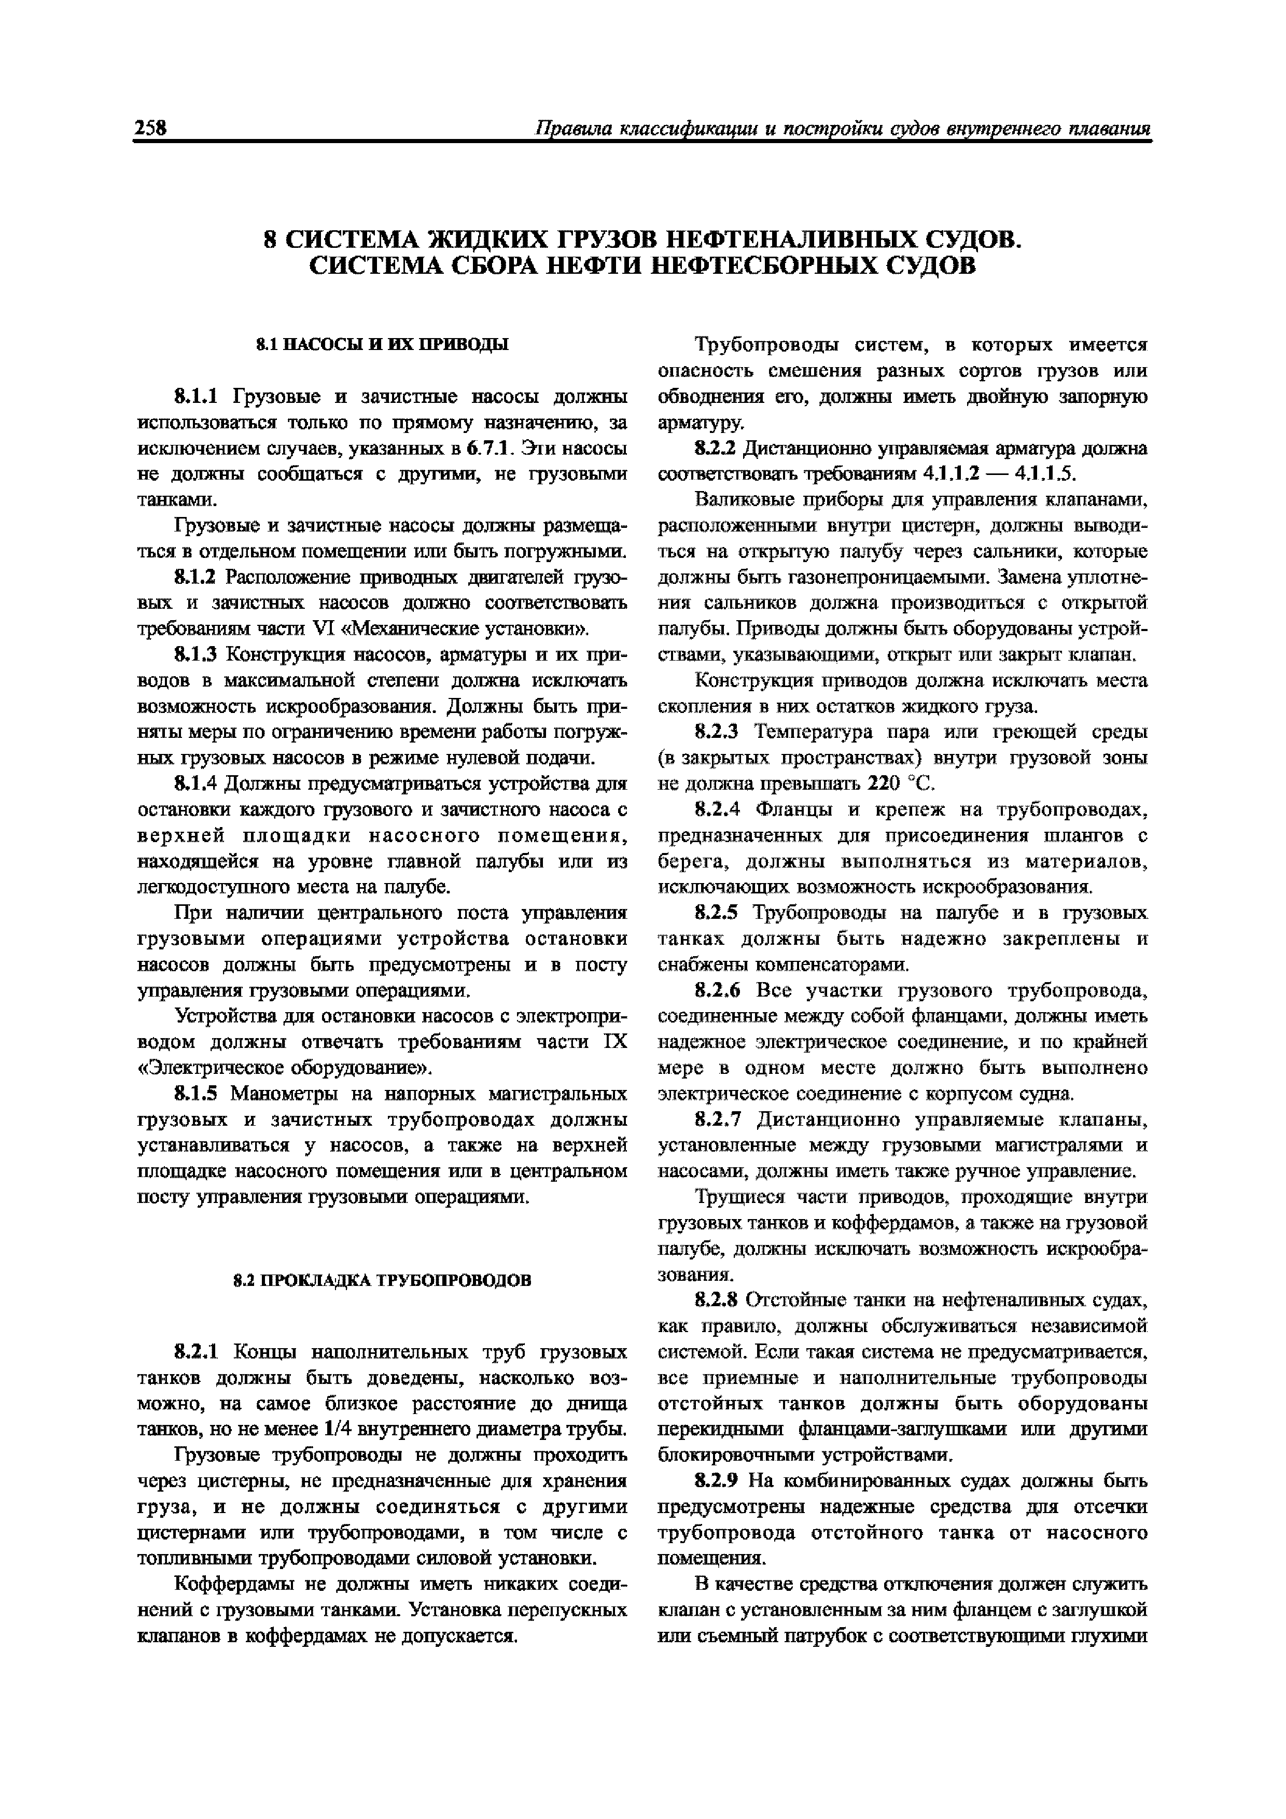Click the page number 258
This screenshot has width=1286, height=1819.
(150, 129)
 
